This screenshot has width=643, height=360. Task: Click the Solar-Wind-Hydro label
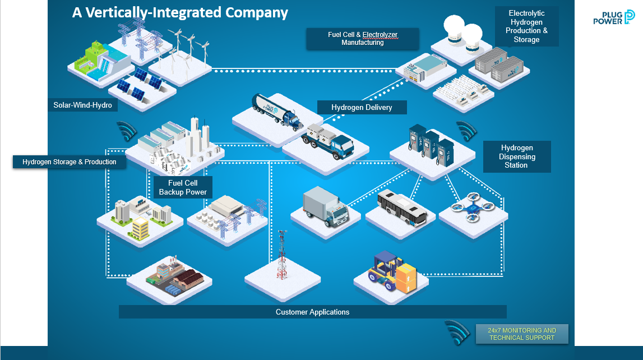click(x=82, y=105)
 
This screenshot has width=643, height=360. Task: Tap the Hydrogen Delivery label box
click(x=362, y=107)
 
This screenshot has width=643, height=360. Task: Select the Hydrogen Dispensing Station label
click(x=516, y=156)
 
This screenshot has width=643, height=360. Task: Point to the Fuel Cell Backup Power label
click(x=183, y=187)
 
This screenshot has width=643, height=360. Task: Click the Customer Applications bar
click(x=312, y=312)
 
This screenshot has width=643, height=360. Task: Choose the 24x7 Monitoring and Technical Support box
click(x=522, y=334)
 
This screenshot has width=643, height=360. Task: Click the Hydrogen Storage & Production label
click(x=70, y=162)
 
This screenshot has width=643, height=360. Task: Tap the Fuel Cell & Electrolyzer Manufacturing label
click(x=363, y=39)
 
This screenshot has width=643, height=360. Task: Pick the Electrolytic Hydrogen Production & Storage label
click(x=526, y=26)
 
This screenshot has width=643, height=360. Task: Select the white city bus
click(x=403, y=209)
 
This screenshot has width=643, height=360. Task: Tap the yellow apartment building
click(x=140, y=228)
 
